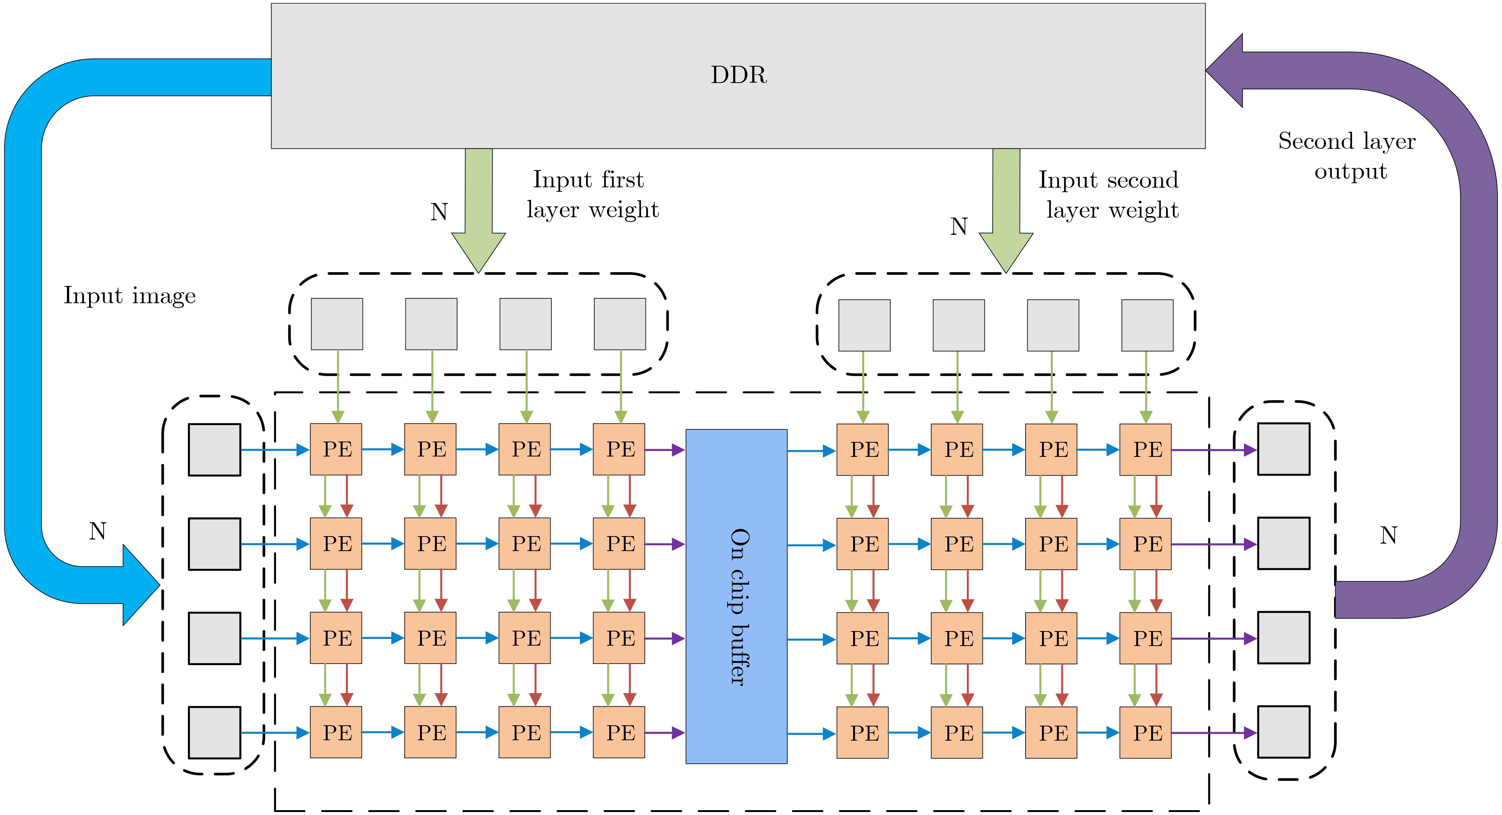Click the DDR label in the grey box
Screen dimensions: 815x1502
(738, 75)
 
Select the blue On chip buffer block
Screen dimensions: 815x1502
(736, 596)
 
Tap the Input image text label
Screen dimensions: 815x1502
(129, 296)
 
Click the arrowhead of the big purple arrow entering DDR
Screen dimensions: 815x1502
(1225, 71)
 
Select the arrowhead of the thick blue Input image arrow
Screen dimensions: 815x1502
(140, 585)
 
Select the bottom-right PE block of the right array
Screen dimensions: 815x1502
(1145, 733)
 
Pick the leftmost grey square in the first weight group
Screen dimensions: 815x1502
(337, 324)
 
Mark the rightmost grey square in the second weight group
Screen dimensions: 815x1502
(1147, 325)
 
